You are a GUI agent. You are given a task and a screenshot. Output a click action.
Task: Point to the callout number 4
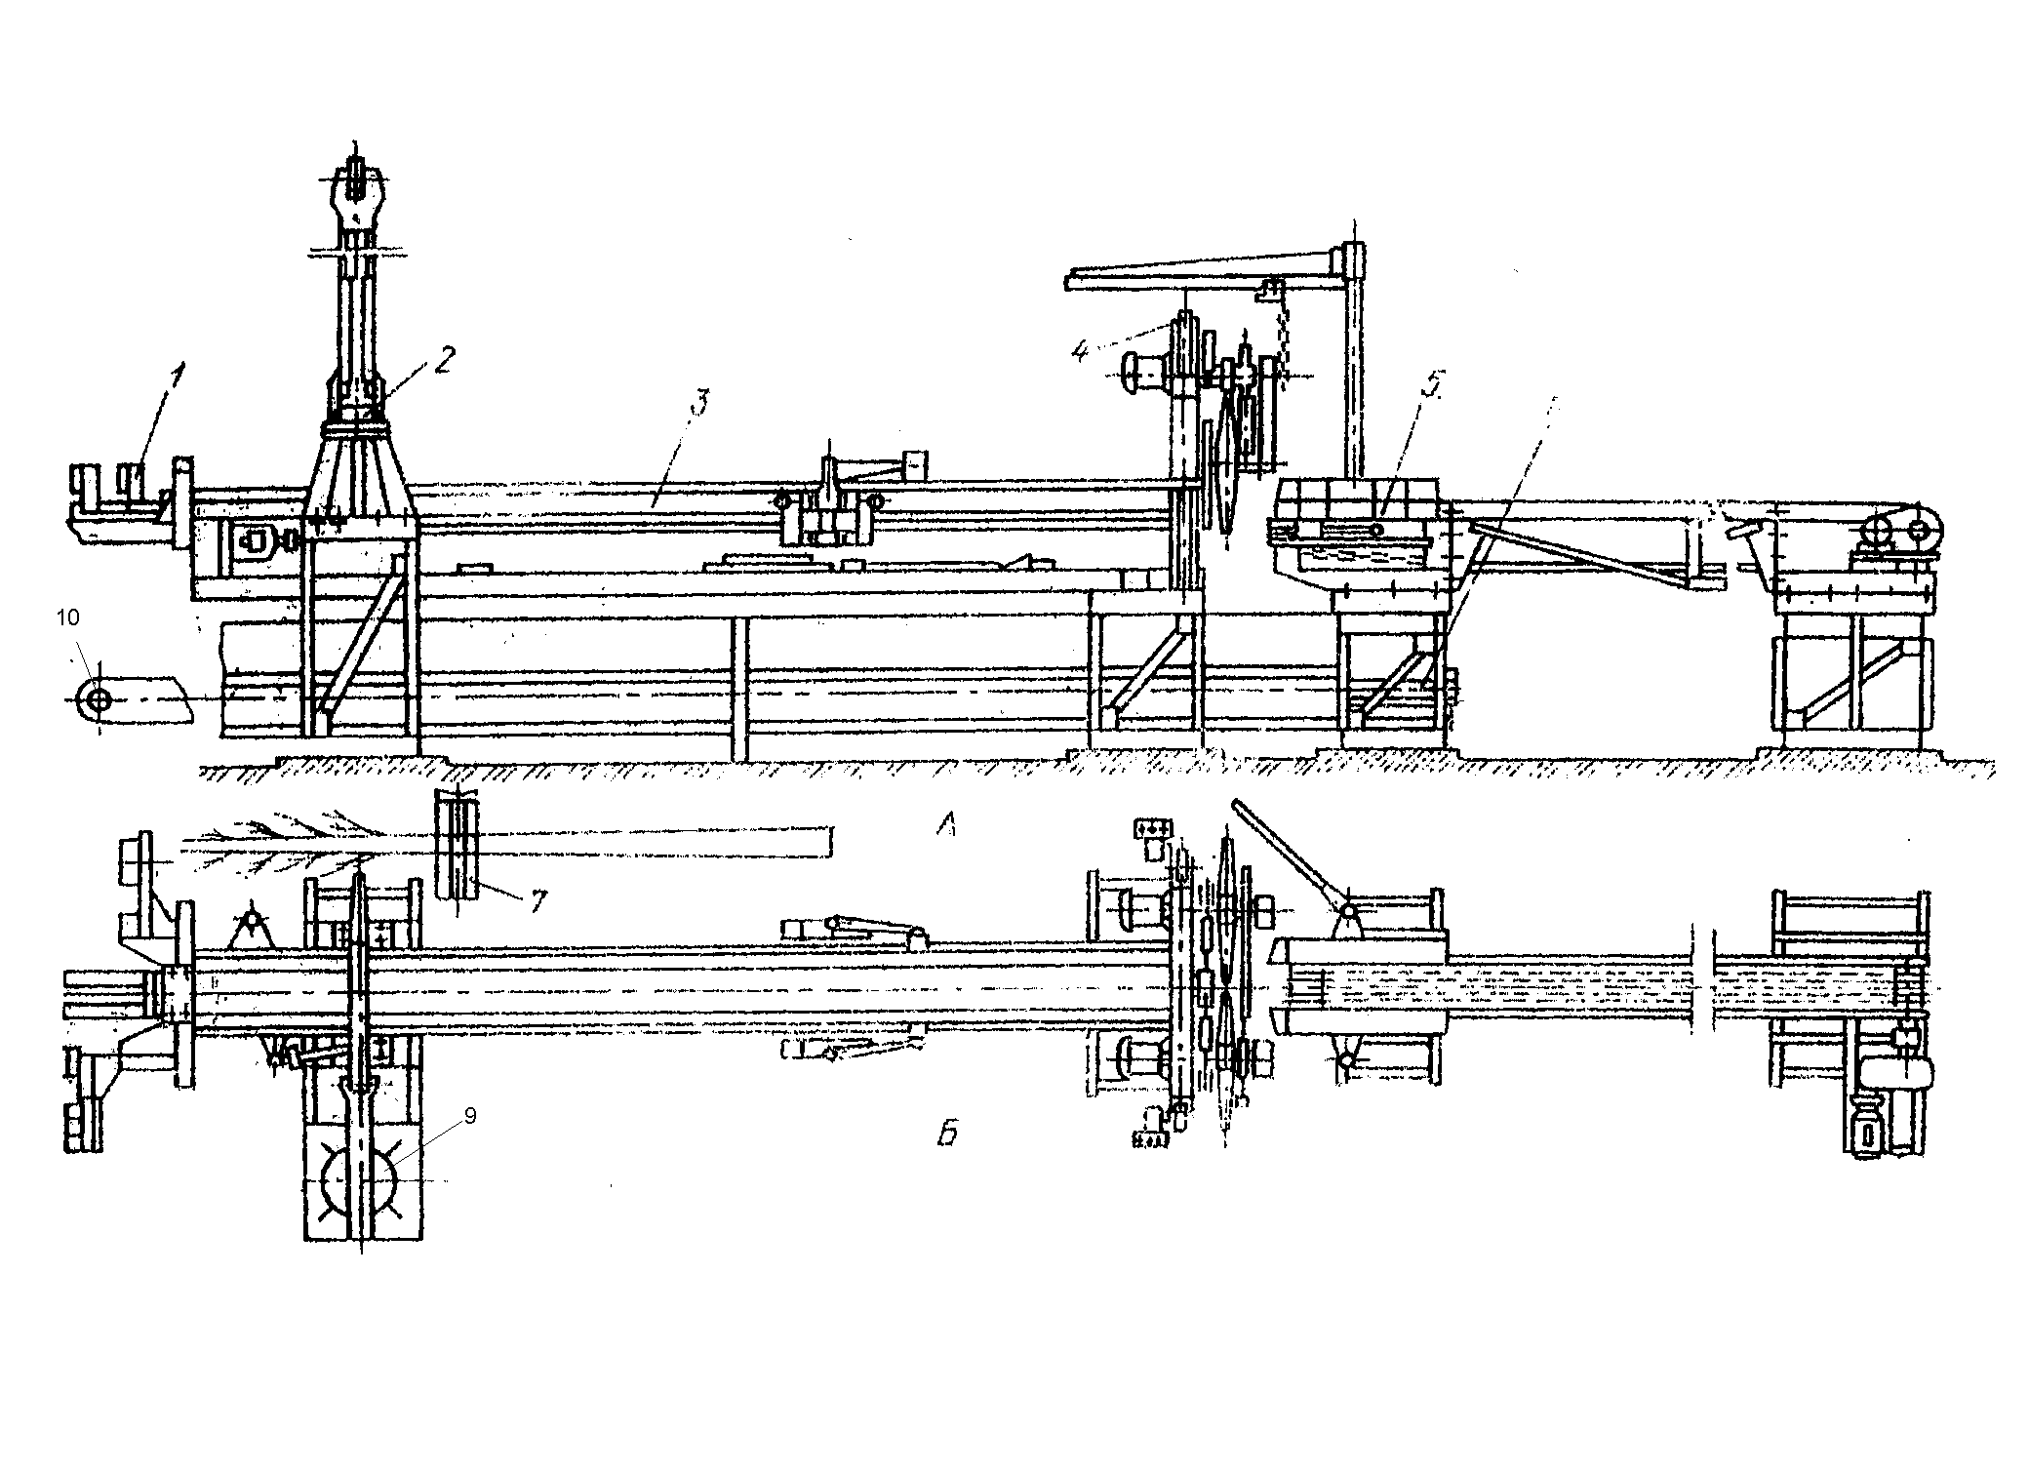1079,350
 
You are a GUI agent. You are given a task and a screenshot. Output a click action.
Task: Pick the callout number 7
537,899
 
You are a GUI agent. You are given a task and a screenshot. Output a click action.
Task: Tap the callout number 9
469,1116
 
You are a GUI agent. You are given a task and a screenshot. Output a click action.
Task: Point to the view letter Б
947,1134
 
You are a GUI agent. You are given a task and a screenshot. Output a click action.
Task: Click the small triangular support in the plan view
252,926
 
